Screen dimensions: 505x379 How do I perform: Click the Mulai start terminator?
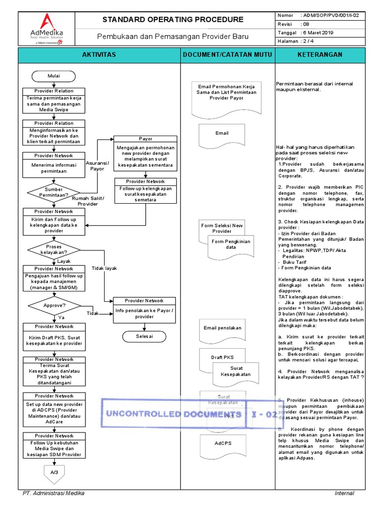click(54, 76)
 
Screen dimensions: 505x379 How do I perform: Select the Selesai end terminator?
click(144, 336)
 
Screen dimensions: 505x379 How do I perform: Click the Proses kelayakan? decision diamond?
click(54, 249)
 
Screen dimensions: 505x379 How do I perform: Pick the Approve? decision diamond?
click(54, 306)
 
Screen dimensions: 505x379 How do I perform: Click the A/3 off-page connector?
click(54, 473)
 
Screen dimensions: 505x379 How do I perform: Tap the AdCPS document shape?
click(222, 444)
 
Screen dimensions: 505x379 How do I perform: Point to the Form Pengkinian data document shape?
click(231, 245)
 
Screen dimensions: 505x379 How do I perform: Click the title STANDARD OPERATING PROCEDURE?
click(173, 20)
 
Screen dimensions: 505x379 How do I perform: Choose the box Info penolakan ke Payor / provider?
click(144, 314)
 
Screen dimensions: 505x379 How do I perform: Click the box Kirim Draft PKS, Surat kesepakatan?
click(54, 340)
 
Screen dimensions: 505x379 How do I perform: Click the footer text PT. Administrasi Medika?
click(54, 493)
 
